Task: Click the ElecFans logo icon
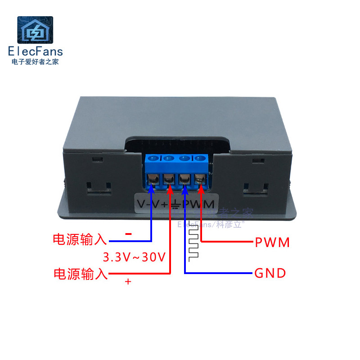35,31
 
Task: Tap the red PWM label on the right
272,243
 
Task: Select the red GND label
270,273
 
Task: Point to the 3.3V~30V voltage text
135,257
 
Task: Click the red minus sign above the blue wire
128,234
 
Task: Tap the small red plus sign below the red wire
128,282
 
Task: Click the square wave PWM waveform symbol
193,241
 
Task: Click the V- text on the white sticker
143,205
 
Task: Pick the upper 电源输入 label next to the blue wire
80,239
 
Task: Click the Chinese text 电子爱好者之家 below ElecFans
35,61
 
